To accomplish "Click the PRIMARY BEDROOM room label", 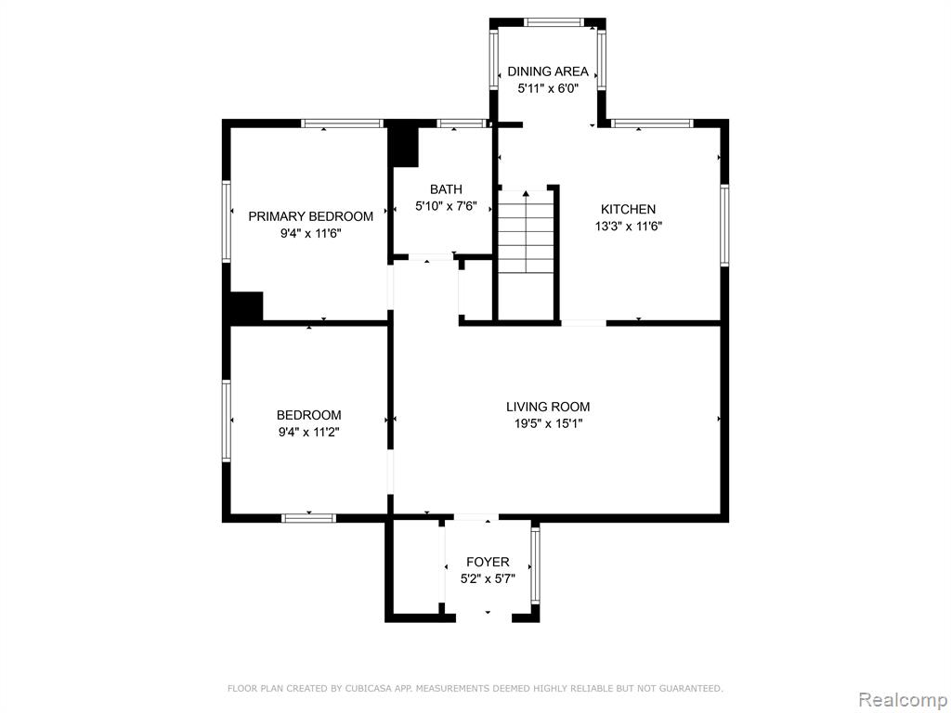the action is click(310, 216).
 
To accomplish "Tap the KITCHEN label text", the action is click(628, 209).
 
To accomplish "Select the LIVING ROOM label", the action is click(548, 407).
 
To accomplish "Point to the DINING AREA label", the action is click(548, 71).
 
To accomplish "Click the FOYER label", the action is click(488, 562).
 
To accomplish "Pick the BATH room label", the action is click(446, 189).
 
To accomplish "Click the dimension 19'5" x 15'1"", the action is click(548, 423).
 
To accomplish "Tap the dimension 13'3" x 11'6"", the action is click(628, 227).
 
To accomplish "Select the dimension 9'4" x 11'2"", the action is click(309, 433).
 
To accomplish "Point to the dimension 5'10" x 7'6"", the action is click(446, 206).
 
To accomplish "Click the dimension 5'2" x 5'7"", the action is click(488, 579).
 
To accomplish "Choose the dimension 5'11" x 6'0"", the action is click(548, 88).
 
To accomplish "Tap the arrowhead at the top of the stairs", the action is click(526, 193).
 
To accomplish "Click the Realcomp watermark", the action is click(903, 700).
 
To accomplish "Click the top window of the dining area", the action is click(555, 23).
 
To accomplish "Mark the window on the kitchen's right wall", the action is click(724, 225).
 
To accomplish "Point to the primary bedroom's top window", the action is click(343, 123).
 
